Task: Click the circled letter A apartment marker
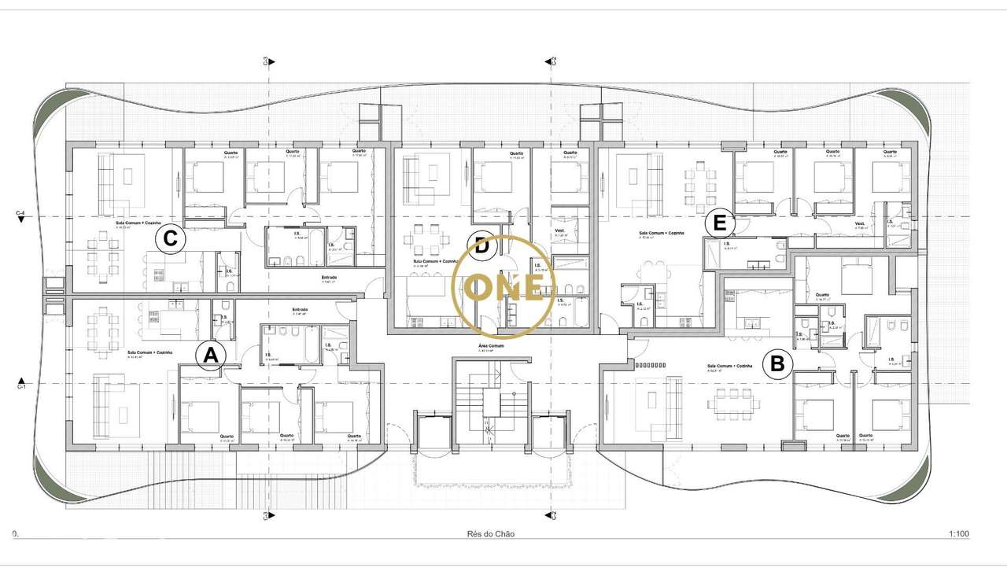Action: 210,356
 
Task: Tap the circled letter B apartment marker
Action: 777,364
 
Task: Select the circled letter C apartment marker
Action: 170,238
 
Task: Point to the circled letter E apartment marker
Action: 718,223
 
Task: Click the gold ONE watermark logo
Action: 504,286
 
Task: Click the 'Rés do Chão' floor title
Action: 491,534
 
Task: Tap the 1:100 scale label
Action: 958,534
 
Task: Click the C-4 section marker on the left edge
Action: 21,215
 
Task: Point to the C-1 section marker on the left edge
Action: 22,385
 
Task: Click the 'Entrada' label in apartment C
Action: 330,277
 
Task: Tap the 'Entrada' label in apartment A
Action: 301,309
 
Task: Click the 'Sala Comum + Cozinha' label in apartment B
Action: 729,367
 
